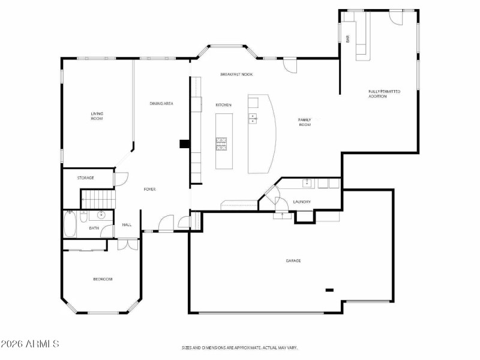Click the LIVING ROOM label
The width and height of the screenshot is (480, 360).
tap(97, 116)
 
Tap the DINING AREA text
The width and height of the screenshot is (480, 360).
tap(161, 104)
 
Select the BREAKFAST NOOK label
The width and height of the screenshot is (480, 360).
tap(236, 74)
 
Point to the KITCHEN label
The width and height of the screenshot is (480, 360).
tap(223, 105)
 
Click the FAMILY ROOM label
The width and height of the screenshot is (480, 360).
tap(305, 122)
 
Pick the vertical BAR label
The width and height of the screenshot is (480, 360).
tap(347, 39)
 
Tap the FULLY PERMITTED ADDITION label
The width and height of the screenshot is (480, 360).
tap(384, 94)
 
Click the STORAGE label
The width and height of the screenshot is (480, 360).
tap(85, 178)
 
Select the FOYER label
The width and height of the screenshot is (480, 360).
tap(149, 190)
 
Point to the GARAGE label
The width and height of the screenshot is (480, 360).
tap(293, 260)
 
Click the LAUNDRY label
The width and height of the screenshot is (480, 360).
tap(301, 202)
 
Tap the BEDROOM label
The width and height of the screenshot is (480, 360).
tap(102, 279)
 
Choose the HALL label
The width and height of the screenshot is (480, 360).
tap(127, 225)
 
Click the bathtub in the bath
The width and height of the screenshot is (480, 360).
tap(70, 224)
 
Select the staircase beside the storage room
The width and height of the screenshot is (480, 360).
tap(97, 197)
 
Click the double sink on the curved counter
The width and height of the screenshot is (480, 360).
tap(253, 118)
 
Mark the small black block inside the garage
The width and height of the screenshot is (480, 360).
tap(329, 290)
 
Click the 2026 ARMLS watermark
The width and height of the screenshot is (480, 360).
tap(30, 344)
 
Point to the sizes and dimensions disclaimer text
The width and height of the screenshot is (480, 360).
tap(239, 347)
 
